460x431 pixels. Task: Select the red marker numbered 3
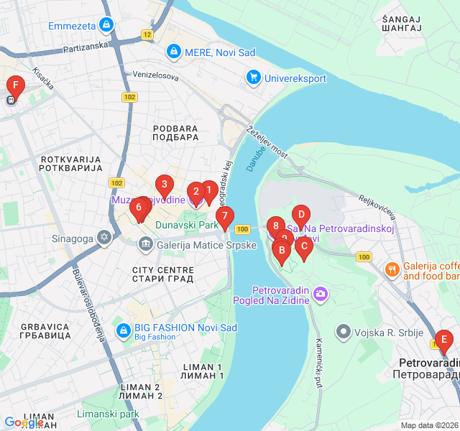165,185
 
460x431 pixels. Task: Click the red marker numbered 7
224,215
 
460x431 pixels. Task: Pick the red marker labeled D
301,214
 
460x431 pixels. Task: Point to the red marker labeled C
303,246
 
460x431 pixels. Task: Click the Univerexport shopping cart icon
253,76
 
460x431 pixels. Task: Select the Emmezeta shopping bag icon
106,26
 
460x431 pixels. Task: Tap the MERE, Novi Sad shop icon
173,52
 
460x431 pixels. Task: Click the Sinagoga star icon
105,237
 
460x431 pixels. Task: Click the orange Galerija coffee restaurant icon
392,269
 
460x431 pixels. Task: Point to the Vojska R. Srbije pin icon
344,332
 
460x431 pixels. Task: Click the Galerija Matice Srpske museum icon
146,245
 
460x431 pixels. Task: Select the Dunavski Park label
187,226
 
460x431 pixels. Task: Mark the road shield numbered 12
147,34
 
